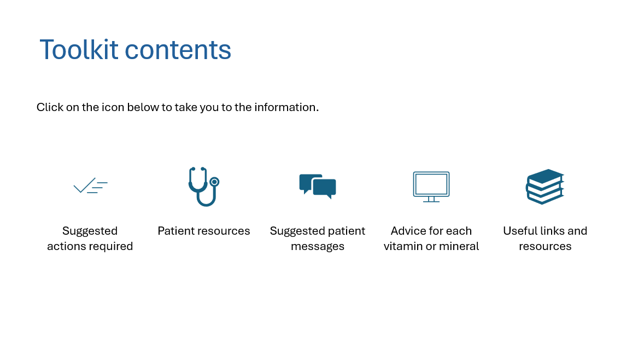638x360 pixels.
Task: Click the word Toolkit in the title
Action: click(x=79, y=49)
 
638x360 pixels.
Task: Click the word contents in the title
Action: click(x=178, y=50)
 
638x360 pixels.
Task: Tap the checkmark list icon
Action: click(x=90, y=185)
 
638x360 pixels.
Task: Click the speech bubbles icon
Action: click(x=318, y=186)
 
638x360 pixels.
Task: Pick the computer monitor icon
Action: click(x=431, y=187)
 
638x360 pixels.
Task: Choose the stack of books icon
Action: click(x=545, y=187)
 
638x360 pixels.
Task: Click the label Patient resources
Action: click(x=204, y=231)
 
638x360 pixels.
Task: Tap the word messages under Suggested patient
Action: click(x=318, y=247)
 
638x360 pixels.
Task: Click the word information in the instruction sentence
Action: click(x=286, y=107)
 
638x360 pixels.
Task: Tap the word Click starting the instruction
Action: click(x=50, y=107)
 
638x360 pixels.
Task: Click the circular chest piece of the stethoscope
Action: click(x=214, y=182)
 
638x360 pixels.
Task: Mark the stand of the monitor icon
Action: click(x=431, y=199)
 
